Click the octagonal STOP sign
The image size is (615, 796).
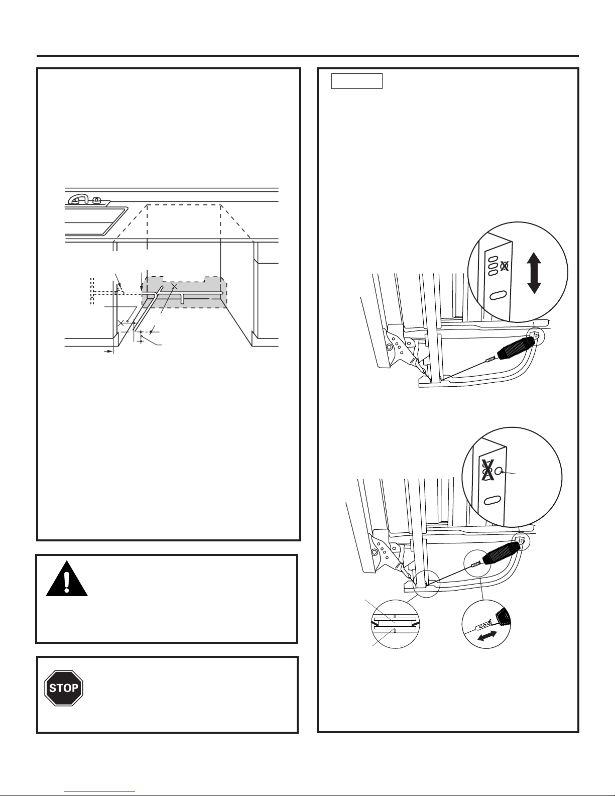pyautogui.click(x=64, y=688)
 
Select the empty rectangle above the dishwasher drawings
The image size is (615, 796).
pyautogui.click(x=357, y=81)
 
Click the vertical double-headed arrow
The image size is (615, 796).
pyautogui.click(x=534, y=273)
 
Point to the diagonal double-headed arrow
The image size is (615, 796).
pyautogui.click(x=487, y=636)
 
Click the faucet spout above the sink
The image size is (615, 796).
pyautogui.click(x=78, y=198)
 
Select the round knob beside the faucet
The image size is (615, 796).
pyautogui.click(x=97, y=200)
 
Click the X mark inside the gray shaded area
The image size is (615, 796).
pyautogui.click(x=175, y=286)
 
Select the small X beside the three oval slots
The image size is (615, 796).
pyautogui.click(x=505, y=266)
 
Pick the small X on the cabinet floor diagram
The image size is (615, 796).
pyautogui.click(x=121, y=323)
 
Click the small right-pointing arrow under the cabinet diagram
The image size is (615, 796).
pyautogui.click(x=108, y=352)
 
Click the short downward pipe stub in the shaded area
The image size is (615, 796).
pyautogui.click(x=183, y=298)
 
